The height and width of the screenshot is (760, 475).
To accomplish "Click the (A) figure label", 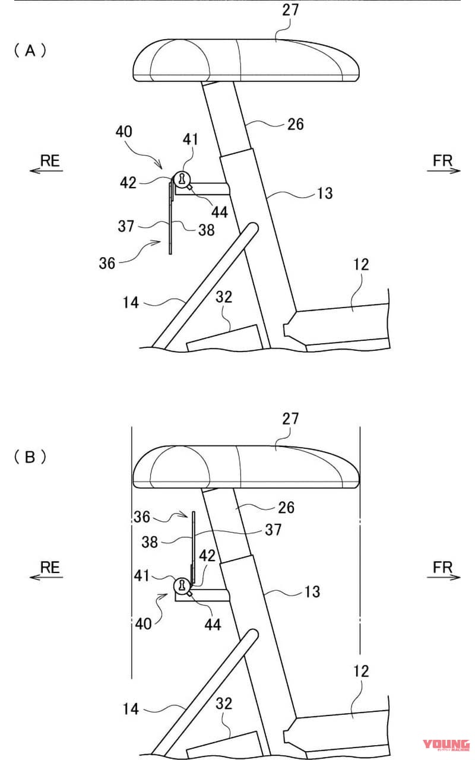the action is tap(30, 51).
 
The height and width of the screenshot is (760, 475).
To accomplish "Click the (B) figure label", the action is tap(30, 457).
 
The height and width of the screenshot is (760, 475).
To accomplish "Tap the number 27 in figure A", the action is tap(290, 10).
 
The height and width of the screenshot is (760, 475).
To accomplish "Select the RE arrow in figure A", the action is tap(46, 170).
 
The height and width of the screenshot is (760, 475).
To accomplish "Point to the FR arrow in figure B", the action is tap(444, 577).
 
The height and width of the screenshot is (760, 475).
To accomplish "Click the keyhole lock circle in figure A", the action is tap(182, 179).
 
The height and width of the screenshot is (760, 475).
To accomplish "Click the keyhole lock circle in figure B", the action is tap(182, 585).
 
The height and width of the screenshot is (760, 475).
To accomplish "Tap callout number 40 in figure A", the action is tap(124, 132).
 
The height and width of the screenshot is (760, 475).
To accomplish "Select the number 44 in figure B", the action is tap(213, 624).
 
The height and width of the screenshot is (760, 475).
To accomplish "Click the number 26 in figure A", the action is tap(296, 124).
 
